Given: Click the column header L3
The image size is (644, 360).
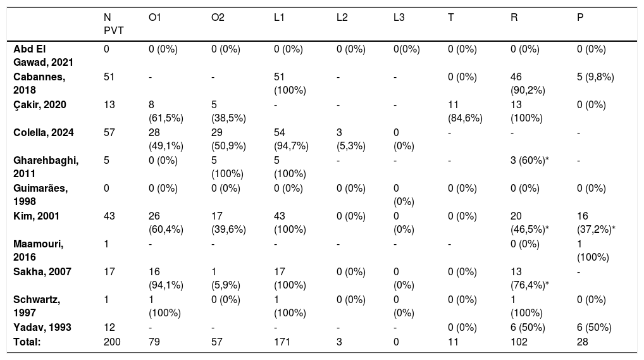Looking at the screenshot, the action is (x=399, y=18).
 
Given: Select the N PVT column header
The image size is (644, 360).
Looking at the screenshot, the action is (x=113, y=24).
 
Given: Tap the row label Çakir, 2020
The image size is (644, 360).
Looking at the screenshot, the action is (x=40, y=105).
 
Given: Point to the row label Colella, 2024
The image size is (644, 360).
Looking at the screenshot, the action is (x=44, y=133).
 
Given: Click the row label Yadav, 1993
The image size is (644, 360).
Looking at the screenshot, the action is (x=42, y=328).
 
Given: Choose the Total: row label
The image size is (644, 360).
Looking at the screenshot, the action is (x=27, y=342).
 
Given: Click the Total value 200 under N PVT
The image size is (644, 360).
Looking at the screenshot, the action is (x=112, y=342).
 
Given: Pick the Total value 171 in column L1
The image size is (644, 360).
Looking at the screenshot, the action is (x=282, y=342).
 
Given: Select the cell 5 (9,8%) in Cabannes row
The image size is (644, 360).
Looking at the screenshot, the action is (x=595, y=77).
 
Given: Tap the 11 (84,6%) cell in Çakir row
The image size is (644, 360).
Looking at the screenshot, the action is (x=466, y=111).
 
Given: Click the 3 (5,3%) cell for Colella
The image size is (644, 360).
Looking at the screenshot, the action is (x=350, y=139).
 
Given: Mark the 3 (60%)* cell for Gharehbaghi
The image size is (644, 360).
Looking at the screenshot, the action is (x=530, y=161).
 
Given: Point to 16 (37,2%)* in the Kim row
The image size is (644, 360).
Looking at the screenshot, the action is (x=596, y=223).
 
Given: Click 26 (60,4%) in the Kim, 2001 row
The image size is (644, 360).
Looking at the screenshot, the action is (x=166, y=223).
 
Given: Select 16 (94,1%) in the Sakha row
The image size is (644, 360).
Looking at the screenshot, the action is (x=166, y=278).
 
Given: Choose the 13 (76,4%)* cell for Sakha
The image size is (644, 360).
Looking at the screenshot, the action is (x=530, y=278).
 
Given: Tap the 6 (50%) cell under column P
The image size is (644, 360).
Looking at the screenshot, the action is (x=594, y=328).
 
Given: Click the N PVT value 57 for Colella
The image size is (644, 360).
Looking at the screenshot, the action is (x=109, y=133).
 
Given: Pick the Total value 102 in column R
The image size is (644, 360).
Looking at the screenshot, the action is (x=519, y=342).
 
